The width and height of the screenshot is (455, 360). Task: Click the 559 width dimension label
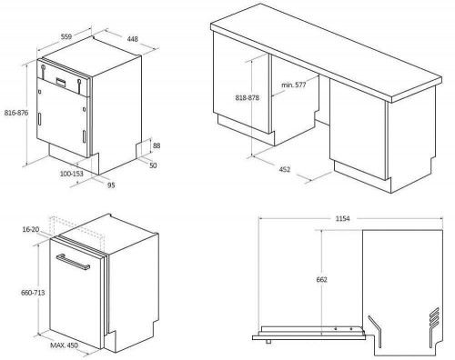point(66,36)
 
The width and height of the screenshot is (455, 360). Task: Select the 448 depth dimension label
point(133,39)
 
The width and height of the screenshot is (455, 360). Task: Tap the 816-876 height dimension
point(16,113)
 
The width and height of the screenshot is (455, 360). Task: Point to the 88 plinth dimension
point(157,145)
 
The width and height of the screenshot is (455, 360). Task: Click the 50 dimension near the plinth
point(153,165)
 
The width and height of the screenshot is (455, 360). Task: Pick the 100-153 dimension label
point(72,174)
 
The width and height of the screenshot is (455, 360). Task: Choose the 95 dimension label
point(111,185)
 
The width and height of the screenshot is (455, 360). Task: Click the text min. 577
point(294,85)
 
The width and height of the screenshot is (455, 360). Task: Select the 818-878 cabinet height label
point(248,98)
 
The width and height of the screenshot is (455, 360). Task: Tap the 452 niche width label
point(285,169)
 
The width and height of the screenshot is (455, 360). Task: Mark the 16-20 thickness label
point(31,229)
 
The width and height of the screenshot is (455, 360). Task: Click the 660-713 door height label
point(33,293)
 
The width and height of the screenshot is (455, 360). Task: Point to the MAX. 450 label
point(64,345)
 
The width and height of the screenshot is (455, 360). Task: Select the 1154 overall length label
point(343,218)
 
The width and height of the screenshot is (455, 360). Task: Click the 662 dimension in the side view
point(322,279)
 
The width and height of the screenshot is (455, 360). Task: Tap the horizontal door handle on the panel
point(73,262)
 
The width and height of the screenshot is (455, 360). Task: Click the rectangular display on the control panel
point(60,82)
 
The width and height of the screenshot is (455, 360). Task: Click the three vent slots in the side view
point(434,317)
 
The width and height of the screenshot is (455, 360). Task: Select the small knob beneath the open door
point(268,342)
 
